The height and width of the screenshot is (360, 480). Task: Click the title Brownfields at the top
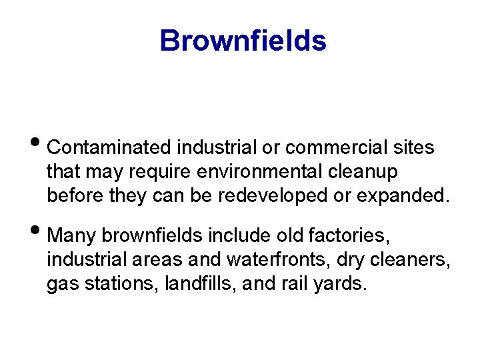coord(243,41)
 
